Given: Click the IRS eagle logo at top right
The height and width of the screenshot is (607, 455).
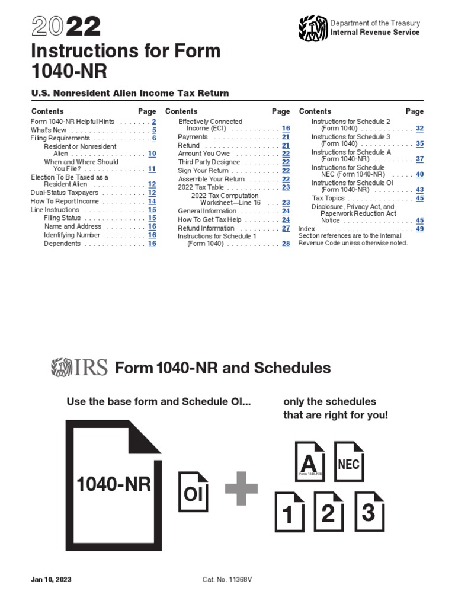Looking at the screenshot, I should pos(313,28).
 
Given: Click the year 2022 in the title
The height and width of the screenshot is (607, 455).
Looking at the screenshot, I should pos(66,27).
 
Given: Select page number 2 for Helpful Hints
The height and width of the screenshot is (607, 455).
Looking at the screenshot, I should pos(153,122).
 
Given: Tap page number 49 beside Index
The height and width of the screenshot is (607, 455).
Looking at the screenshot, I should pos(419,229).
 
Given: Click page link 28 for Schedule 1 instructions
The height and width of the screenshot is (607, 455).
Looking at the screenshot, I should pos(286,244).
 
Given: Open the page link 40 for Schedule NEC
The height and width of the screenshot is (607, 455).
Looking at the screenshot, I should pos(419,175).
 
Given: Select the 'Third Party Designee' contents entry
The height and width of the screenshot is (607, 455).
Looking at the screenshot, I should pos(209,162).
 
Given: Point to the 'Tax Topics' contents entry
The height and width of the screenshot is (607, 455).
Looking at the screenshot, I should pos(328,199).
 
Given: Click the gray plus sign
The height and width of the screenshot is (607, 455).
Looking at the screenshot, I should pos(241,488).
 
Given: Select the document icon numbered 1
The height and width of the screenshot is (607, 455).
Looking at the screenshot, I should pos(289,513).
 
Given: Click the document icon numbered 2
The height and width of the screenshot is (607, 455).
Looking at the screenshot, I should pos(328,512).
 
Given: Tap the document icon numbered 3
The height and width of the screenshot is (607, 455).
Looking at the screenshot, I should pos(368,510).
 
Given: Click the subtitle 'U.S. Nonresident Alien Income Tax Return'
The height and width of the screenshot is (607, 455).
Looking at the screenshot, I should pos(130,93).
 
